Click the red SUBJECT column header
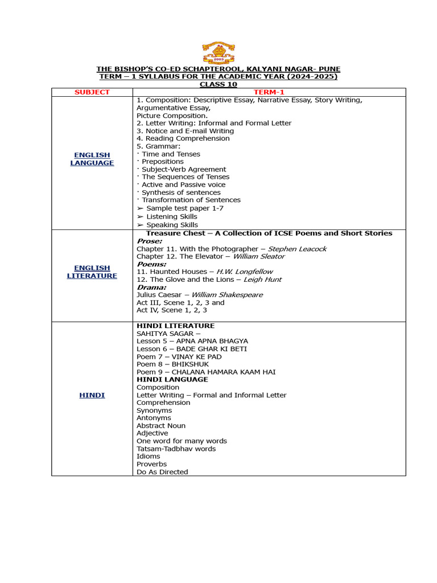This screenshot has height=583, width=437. pyautogui.click(x=92, y=92)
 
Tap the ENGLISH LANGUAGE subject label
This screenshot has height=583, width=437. pyautogui.click(x=92, y=159)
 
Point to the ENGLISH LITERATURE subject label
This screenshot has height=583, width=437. pyautogui.click(x=92, y=272)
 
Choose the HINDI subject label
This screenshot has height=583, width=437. pyautogui.click(x=92, y=395)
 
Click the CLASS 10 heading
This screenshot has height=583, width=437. pyautogui.click(x=218, y=84)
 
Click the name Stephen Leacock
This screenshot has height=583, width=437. pyautogui.click(x=297, y=249)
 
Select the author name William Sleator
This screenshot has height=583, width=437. pyautogui.click(x=259, y=256)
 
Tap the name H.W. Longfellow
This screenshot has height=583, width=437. pyautogui.click(x=246, y=272)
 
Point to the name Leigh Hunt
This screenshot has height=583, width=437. pyautogui.click(x=262, y=280)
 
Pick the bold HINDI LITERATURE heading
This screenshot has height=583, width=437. pyautogui.click(x=175, y=326)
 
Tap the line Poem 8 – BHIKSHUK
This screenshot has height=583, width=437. pyautogui.click(x=172, y=364)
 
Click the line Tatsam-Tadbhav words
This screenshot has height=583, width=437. pyautogui.click(x=176, y=449)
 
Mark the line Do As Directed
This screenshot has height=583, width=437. pyautogui.click(x=162, y=472)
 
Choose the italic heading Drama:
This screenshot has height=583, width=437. pyautogui.click(x=151, y=288)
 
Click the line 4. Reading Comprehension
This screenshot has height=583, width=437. pyautogui.click(x=183, y=138)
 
